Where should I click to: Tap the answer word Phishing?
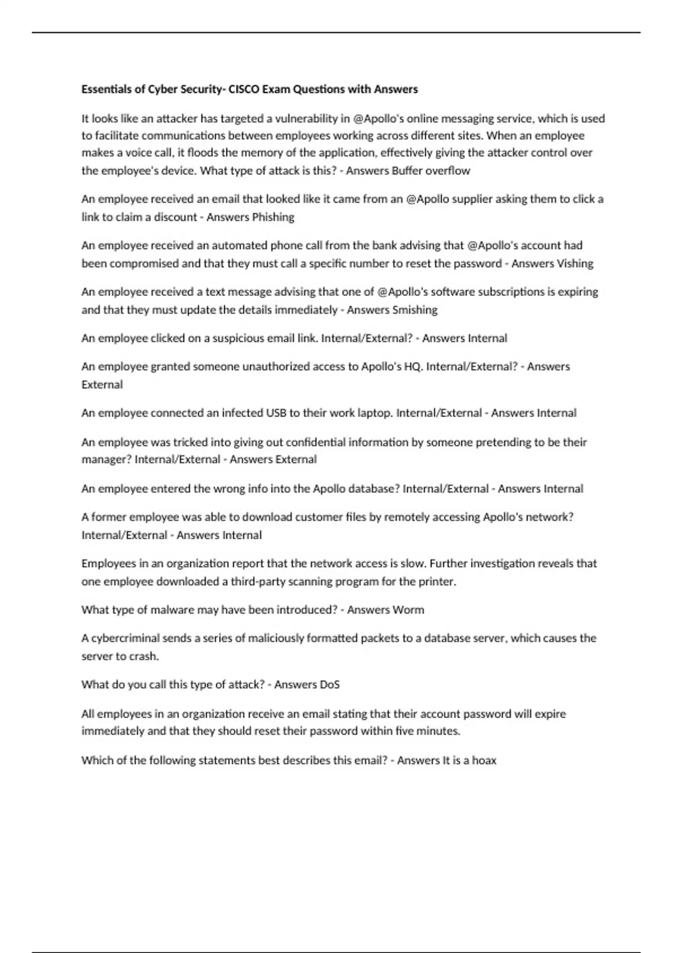click(273, 217)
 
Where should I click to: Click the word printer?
click(437, 581)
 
